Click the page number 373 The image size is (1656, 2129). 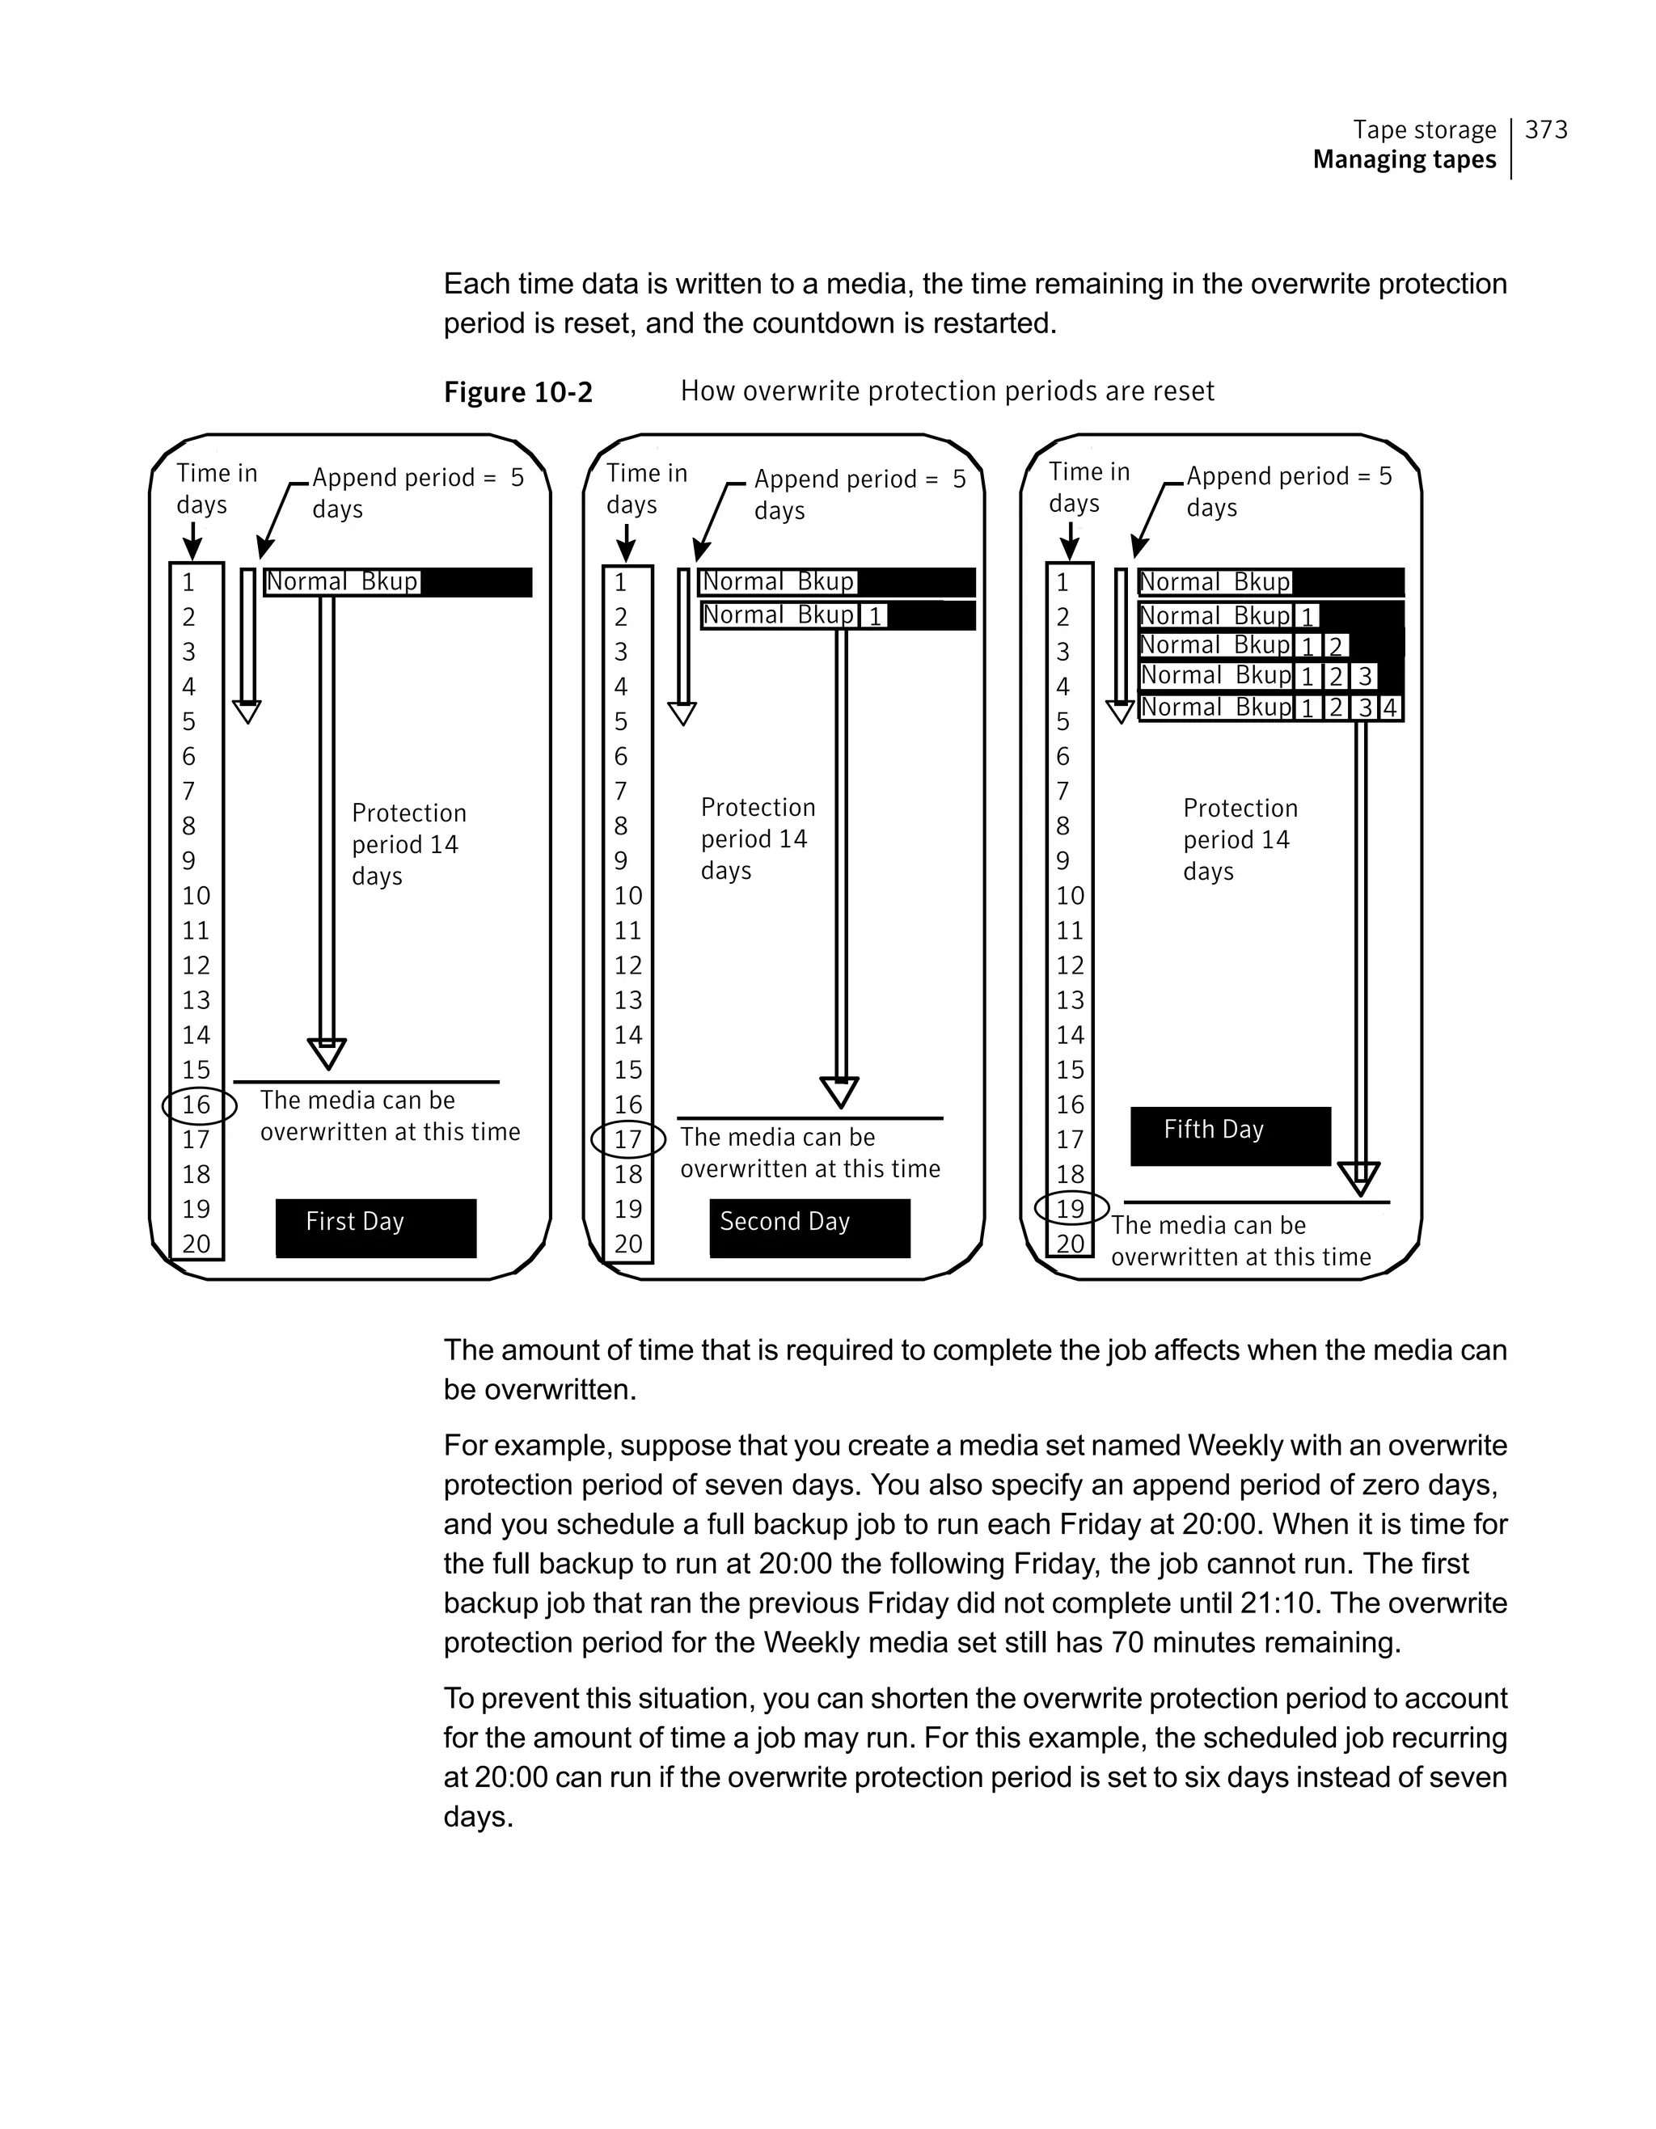(1546, 129)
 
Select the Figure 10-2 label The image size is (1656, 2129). (517, 392)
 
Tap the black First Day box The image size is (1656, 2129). (375, 1227)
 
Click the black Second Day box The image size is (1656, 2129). (809, 1227)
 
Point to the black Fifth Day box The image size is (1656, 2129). (1230, 1136)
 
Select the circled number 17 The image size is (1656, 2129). (628, 1138)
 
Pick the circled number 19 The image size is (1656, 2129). (1071, 1209)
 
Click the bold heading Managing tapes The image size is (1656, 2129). (1404, 160)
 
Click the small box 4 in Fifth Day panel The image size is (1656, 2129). (1390, 708)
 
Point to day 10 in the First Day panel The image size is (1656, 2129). (196, 896)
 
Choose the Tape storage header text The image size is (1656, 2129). (1424, 129)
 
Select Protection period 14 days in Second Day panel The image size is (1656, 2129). (758, 839)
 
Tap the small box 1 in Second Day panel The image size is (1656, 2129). (874, 616)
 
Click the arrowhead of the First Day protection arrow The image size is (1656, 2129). (327, 1054)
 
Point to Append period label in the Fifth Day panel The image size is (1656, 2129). (1289, 492)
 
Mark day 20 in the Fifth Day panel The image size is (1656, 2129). (1071, 1244)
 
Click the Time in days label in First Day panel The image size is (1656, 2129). (217, 488)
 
